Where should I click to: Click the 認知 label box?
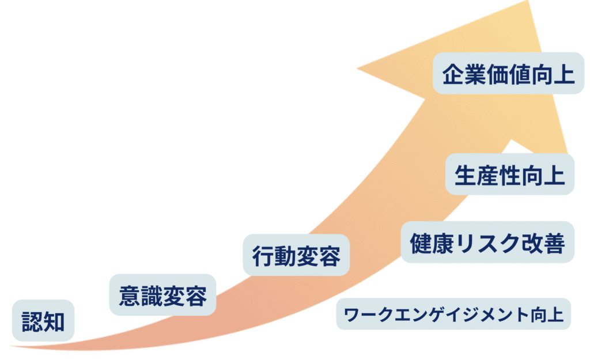(43, 320)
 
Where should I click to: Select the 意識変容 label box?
(162, 294)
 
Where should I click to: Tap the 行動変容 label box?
(296, 255)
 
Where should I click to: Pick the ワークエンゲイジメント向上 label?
(453, 314)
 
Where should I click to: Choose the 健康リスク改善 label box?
(487, 242)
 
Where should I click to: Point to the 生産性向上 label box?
(509, 174)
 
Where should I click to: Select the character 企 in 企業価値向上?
(453, 74)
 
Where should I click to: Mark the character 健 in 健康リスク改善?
(421, 242)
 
